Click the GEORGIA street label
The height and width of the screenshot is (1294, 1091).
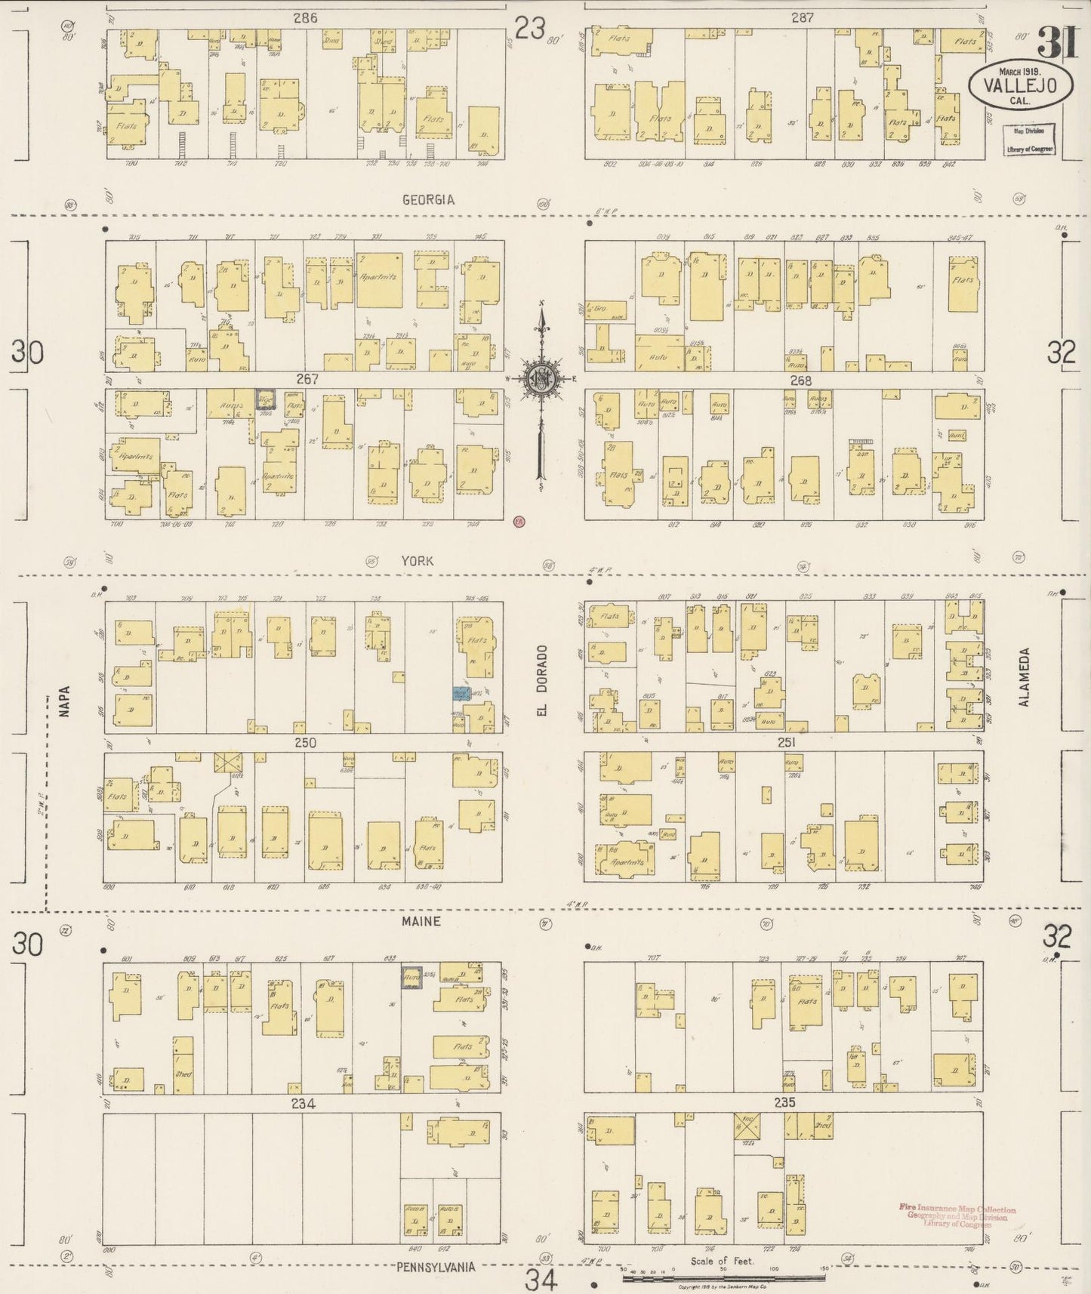coord(428,200)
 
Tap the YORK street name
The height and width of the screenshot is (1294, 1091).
coord(418,560)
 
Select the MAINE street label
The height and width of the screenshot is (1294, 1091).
coord(421,921)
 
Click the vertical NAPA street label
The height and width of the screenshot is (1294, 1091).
coord(63,700)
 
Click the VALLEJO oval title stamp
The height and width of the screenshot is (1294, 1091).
coord(1021,85)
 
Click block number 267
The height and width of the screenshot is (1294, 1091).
coord(307,380)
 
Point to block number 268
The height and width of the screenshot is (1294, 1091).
coord(800,380)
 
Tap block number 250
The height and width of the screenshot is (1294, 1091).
coord(305,743)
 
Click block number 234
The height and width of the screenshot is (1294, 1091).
coord(303,1104)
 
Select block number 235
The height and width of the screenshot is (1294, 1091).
coord(784,1102)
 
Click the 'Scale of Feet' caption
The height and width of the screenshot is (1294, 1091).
coord(717,1261)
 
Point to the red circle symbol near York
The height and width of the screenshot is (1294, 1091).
coord(518,520)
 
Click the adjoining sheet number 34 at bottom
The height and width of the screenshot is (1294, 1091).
coord(541,1279)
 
